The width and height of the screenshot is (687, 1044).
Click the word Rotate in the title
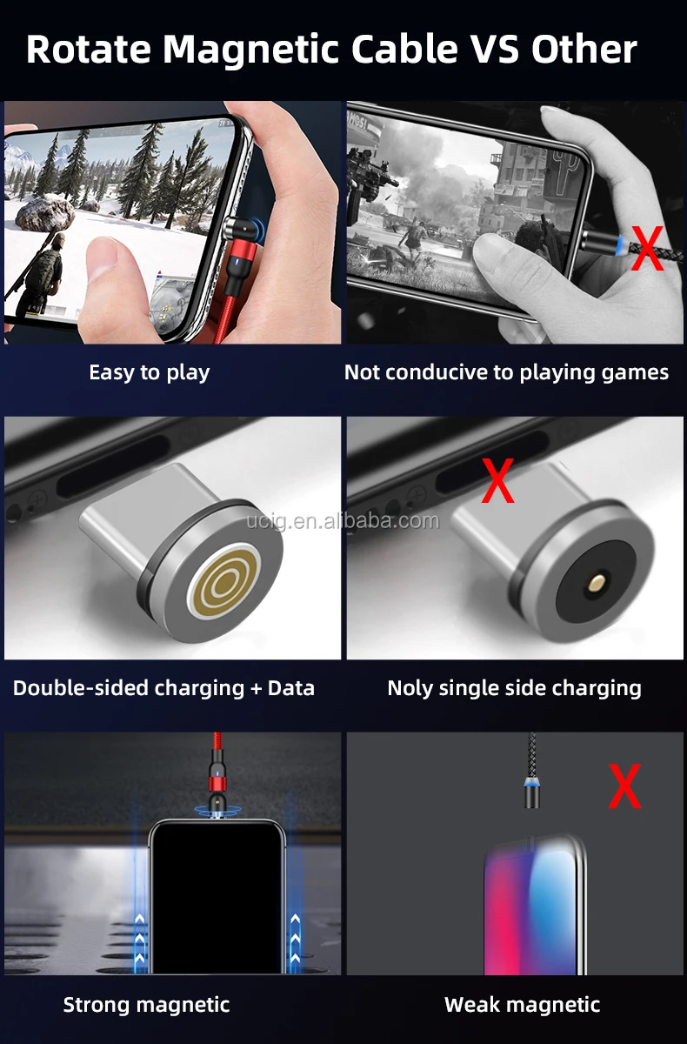click(x=87, y=50)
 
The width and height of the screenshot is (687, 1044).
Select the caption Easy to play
click(x=149, y=372)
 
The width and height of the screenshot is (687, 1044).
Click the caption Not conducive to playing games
click(x=506, y=372)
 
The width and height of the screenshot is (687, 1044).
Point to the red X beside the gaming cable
click(x=646, y=249)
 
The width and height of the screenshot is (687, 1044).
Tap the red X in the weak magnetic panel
click(x=624, y=786)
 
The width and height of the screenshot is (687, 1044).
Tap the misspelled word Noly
click(x=410, y=688)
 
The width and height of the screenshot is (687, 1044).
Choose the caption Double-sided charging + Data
click(x=163, y=688)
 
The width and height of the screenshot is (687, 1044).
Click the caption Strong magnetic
click(x=146, y=1005)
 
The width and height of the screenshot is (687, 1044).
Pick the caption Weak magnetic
click(x=522, y=1005)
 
